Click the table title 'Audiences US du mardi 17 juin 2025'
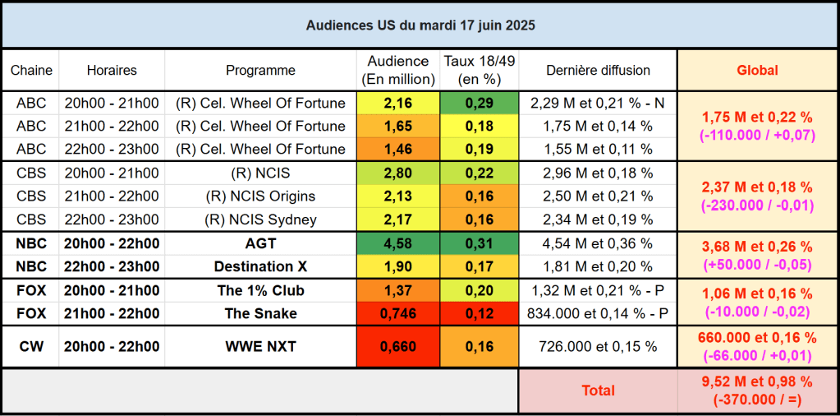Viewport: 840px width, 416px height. [420, 25]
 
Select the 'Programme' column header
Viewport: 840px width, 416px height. [260, 71]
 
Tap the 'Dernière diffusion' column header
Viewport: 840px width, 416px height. [597, 71]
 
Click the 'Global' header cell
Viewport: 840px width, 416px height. [757, 71]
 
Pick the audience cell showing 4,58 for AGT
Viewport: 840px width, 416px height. [398, 244]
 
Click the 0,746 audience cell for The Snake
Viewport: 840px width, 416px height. [398, 313]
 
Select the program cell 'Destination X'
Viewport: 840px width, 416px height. [260, 267]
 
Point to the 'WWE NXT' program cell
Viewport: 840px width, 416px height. [260, 347]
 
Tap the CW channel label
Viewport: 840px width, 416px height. [31, 347]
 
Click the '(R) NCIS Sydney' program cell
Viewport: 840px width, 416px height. [260, 220]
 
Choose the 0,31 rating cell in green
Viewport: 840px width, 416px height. [479, 244]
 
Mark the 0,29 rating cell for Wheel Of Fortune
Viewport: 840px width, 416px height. [479, 104]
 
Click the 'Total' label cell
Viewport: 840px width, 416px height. [597, 391]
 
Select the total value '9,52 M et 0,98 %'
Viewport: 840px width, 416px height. [757, 381]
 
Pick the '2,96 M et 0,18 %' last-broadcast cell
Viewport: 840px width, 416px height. [597, 173]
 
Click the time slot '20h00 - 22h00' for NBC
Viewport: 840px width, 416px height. [112, 244]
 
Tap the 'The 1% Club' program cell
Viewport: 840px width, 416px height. [260, 290]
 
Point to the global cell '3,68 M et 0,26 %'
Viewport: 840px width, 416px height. [757, 247]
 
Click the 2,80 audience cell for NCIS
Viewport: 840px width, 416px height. [398, 173]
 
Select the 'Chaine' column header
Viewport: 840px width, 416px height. [31, 71]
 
